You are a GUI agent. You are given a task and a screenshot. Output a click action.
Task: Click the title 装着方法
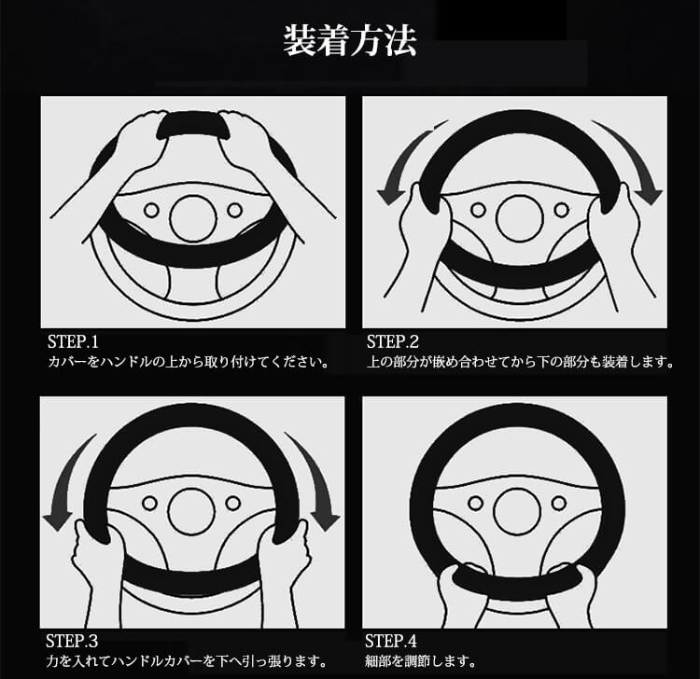click(350, 41)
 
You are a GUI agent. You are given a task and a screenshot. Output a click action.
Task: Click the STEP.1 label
click(73, 341)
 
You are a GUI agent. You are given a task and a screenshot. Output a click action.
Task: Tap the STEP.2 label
click(393, 341)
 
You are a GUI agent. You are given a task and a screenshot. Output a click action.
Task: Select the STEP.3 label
click(72, 641)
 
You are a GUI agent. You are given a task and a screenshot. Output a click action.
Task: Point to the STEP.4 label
click(391, 641)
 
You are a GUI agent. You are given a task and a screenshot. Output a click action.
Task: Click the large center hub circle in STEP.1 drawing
click(193, 219)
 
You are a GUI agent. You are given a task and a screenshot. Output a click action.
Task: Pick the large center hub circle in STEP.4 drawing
click(518, 512)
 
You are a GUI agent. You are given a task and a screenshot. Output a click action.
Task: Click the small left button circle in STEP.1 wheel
click(151, 210)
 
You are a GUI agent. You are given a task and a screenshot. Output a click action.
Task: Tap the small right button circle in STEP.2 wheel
click(561, 210)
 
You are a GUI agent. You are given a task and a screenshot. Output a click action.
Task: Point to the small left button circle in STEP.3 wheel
click(149, 504)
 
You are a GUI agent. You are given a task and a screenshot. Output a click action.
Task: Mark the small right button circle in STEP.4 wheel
click(558, 504)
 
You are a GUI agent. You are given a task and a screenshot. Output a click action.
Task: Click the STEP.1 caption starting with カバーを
click(189, 361)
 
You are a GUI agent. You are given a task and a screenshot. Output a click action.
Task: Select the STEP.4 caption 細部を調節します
click(420, 660)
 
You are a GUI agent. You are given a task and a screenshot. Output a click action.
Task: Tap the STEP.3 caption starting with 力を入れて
click(187, 660)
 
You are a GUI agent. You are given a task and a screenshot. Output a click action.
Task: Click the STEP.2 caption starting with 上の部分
click(520, 361)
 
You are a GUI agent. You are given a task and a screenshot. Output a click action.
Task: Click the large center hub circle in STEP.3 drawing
click(191, 512)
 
